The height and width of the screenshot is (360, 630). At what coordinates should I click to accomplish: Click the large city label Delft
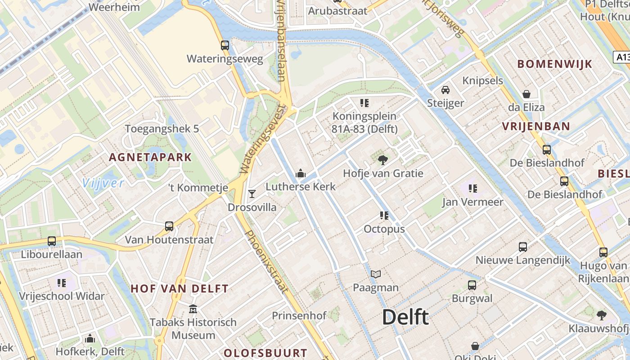point(405,317)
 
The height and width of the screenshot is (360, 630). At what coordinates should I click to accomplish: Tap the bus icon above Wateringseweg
point(225,45)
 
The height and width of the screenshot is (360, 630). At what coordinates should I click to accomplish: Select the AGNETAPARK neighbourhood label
point(150,157)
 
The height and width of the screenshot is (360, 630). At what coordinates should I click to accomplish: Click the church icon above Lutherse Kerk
point(300,173)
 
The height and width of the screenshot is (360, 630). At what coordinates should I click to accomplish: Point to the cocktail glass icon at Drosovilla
point(252,194)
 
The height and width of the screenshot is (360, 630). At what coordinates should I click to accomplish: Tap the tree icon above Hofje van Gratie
point(383,160)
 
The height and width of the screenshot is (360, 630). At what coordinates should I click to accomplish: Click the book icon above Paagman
point(376,274)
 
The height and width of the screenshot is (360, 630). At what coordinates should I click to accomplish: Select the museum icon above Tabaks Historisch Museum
point(193,309)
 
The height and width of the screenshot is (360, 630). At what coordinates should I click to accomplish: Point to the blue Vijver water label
point(103,183)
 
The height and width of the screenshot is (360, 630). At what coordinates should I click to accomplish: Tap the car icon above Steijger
point(445,90)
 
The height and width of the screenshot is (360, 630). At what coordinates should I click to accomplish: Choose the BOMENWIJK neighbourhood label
point(555,64)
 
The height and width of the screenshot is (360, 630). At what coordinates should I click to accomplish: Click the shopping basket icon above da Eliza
point(526,94)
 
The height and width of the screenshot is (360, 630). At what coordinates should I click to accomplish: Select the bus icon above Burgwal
point(472,285)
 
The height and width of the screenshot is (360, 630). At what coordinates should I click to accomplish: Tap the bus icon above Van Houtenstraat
point(169,226)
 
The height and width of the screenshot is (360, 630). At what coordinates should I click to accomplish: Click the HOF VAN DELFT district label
point(180,289)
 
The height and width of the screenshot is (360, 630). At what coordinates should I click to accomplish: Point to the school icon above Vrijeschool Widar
point(62,283)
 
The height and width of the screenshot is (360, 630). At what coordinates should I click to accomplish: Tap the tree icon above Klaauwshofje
point(601,315)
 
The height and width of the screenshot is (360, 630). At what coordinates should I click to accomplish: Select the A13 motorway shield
point(622,57)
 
